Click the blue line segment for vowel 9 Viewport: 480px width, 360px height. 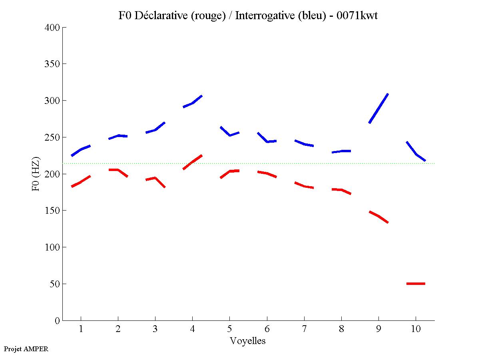378,108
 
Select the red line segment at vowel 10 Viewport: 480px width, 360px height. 416,284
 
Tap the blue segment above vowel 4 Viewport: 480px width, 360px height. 193,103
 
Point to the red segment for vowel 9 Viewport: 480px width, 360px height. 378,216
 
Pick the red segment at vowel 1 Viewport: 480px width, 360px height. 81,182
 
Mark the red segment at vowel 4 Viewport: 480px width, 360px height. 193,162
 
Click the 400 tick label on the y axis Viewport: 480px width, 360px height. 52,28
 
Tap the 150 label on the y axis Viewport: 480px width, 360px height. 52,211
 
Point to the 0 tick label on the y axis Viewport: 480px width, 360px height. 58,320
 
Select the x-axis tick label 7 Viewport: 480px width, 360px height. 304,329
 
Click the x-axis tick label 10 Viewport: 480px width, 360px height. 416,329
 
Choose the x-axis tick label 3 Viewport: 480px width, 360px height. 155,329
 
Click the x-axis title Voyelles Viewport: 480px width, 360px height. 248,341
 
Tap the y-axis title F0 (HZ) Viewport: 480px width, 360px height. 36,174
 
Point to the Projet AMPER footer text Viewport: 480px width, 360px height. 26,349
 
